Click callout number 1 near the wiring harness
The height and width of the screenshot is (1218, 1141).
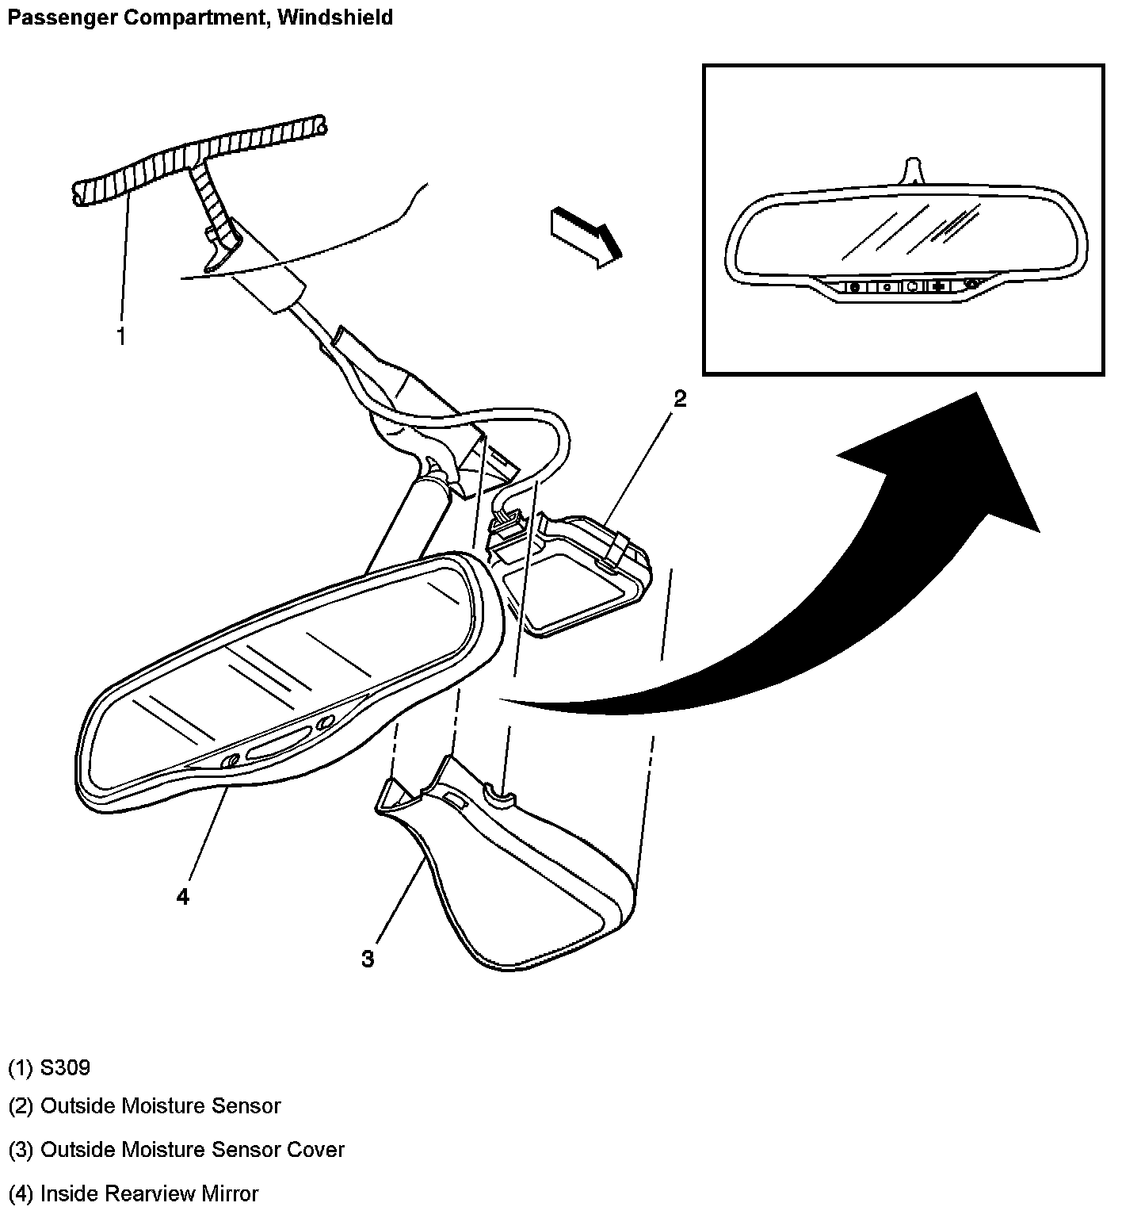point(121,337)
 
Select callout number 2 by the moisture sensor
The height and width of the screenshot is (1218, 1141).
point(679,399)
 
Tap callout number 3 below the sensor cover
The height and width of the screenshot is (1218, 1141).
point(368,959)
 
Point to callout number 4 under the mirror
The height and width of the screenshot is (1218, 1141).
point(183,897)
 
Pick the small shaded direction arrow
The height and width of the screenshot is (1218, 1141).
point(585,234)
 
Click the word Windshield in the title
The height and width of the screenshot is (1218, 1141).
point(334,17)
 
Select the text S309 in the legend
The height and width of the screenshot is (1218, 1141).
point(65,1068)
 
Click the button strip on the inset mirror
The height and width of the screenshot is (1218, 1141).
point(911,286)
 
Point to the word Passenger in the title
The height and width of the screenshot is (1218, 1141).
point(52,17)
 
